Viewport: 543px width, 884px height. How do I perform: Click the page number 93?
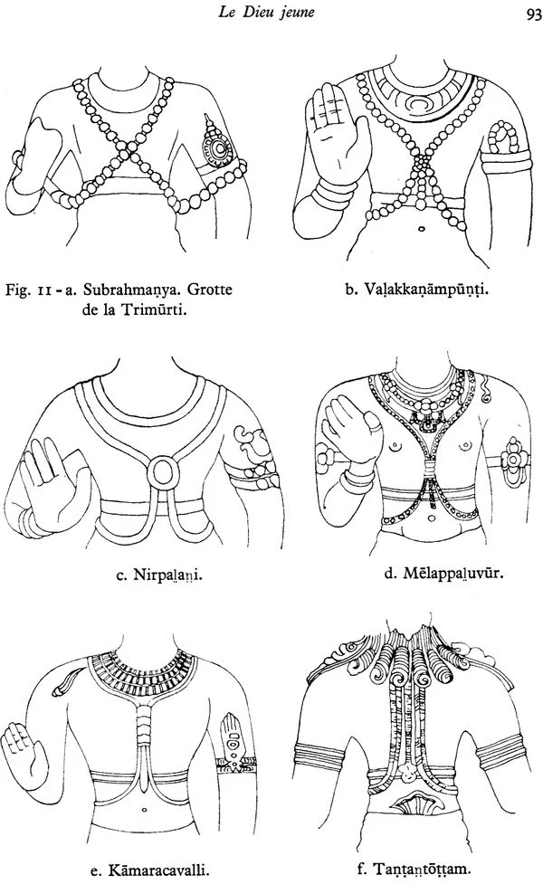click(533, 15)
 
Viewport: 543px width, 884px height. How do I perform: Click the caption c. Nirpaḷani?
click(159, 575)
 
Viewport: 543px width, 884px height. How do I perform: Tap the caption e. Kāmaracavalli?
click(150, 870)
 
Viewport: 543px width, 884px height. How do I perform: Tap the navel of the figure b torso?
click(421, 230)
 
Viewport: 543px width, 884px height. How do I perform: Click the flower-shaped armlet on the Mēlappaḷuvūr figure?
click(513, 461)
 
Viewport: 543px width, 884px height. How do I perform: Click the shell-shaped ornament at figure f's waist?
click(412, 803)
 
